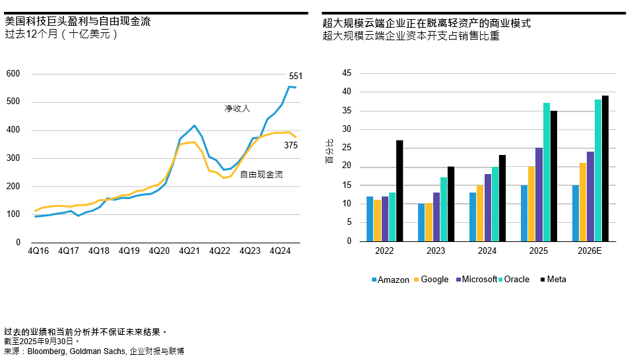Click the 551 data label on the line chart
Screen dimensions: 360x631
pyautogui.click(x=295, y=76)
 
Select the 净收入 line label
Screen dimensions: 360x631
pyautogui.click(x=237, y=108)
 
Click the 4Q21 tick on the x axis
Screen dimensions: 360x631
pyautogui.click(x=189, y=251)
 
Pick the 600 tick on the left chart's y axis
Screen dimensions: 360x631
pyautogui.click(x=13, y=74)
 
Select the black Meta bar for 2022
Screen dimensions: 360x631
pyautogui.click(x=400, y=191)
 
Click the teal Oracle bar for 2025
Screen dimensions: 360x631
pyautogui.click(x=547, y=172)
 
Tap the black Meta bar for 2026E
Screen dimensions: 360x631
pyautogui.click(x=605, y=168)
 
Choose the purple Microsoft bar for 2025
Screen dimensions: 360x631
pyautogui.click(x=539, y=195)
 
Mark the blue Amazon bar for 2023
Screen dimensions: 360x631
pyautogui.click(x=421, y=222)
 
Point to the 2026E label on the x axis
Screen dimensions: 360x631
pyautogui.click(x=589, y=251)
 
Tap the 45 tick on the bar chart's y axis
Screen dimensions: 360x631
pyautogui.click(x=347, y=74)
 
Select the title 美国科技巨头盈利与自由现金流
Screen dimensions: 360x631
pyautogui.click(x=77, y=21)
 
